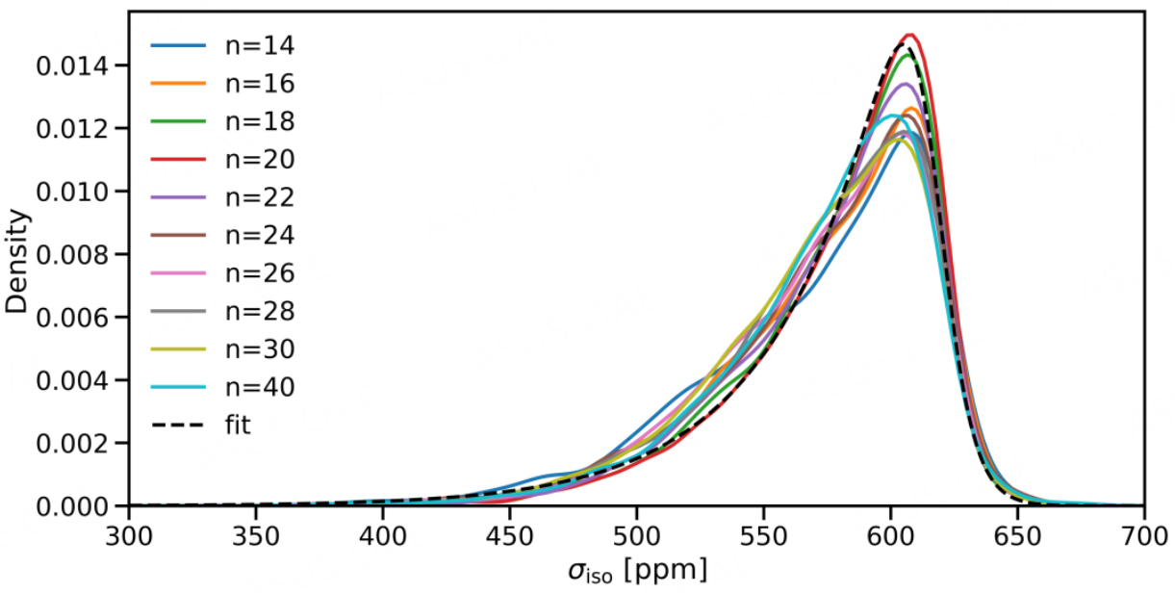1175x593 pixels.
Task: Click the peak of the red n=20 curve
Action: pos(908,35)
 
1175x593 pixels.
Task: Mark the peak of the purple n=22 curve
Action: pos(905,84)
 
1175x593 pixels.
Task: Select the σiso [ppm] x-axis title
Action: pos(636,571)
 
